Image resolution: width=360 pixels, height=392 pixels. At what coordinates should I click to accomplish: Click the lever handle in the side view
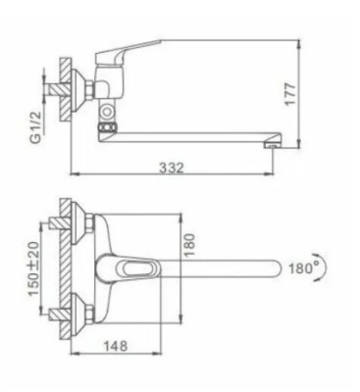click(x=132, y=51)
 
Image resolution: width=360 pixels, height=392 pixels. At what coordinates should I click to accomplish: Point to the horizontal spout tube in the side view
click(x=196, y=132)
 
